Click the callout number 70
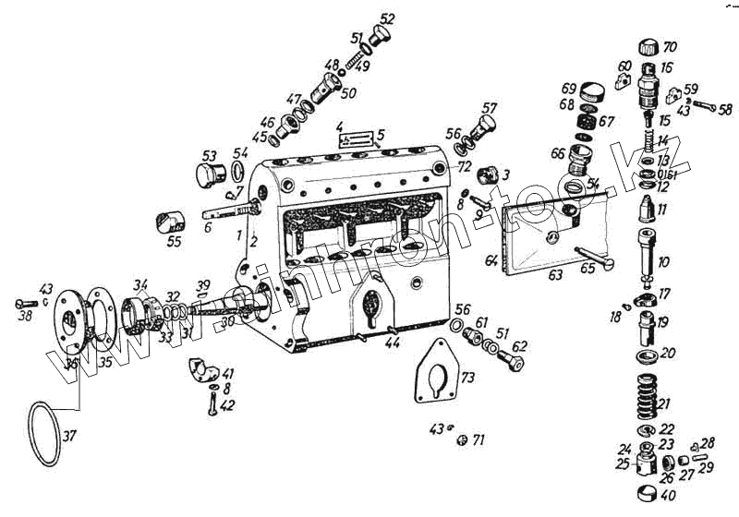[x=670, y=46]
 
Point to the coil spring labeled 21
[x=647, y=401]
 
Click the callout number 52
[x=387, y=18]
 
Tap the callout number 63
[x=555, y=274]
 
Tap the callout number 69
[x=569, y=88]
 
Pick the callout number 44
[x=394, y=343]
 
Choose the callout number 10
[x=664, y=263]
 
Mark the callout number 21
[x=665, y=403]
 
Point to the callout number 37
[x=70, y=436]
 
